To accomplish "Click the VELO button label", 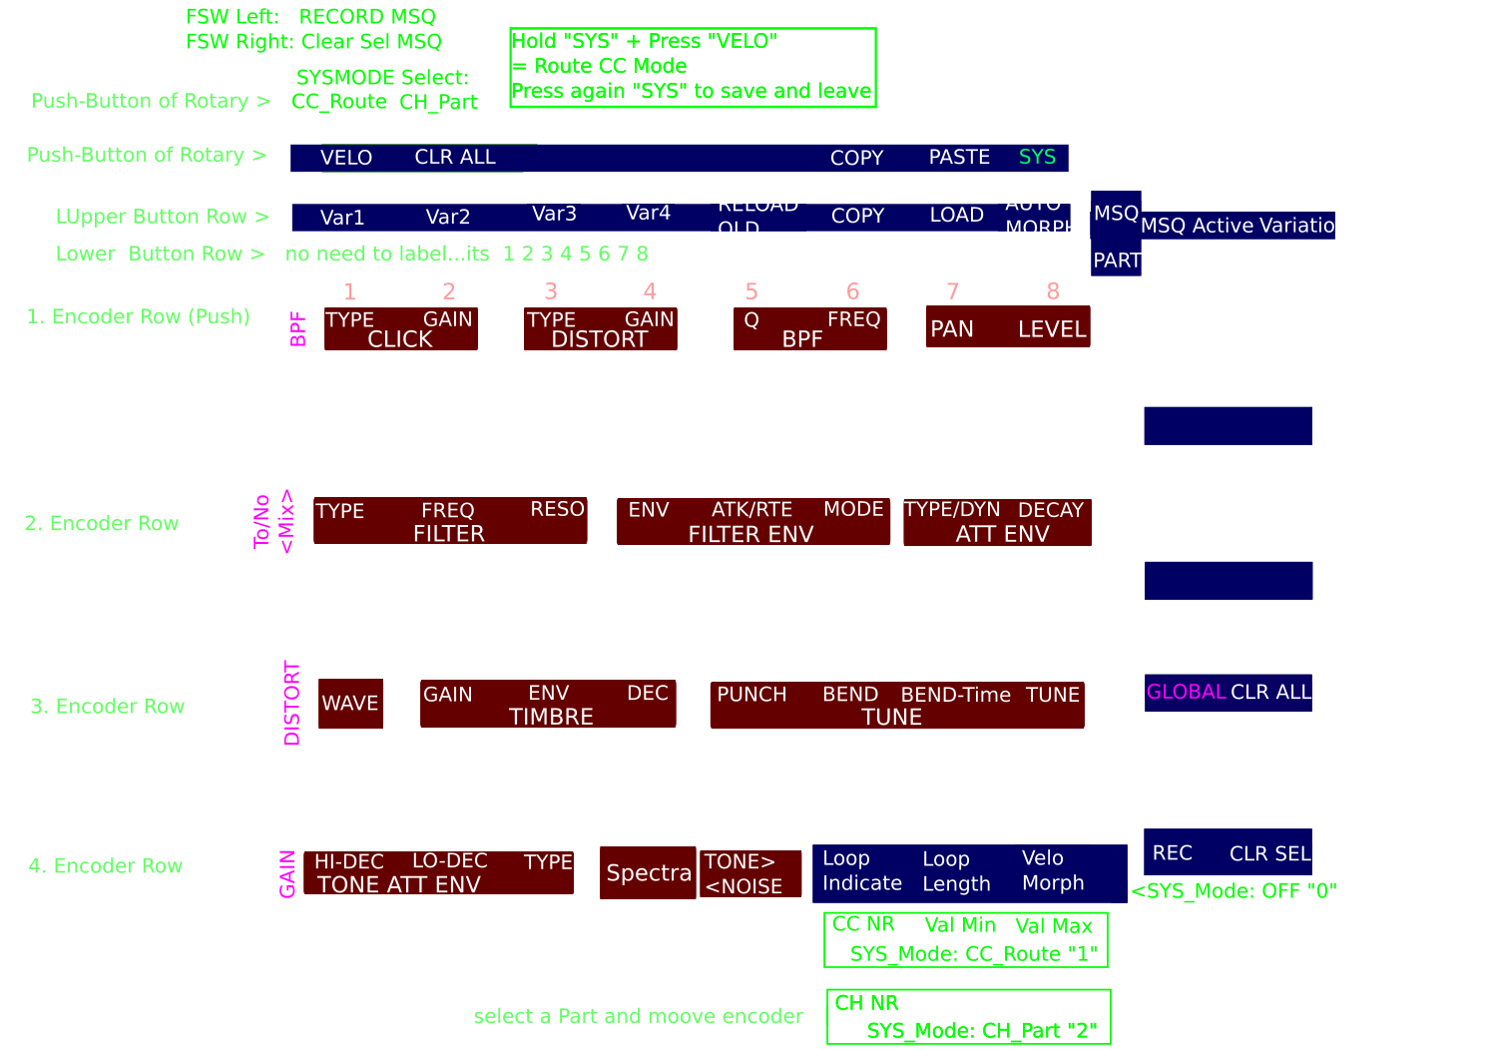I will coord(346,158).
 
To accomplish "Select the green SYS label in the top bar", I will coord(1037,157).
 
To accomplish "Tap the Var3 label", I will coord(554,214).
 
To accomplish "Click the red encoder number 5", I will coord(751,292).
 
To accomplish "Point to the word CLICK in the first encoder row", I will coord(400,339).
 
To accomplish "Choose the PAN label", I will coord(951,329).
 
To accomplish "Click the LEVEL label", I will coord(1052,329).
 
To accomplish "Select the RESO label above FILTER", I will coord(557,509).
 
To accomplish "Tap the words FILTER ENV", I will coord(750,535).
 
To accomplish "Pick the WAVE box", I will coord(350,704).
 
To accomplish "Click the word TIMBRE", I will coord(551,717).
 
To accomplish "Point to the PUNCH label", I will coord(751,695).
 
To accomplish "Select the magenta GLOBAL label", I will coord(1186,692).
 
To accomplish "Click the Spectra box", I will coord(649,873).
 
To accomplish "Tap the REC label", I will coord(1172,853).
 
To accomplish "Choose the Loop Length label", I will coord(956,871).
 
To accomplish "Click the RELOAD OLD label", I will coord(757,217).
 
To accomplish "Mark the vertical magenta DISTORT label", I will coord(291,703).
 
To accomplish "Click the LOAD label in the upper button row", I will coord(956,215).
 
